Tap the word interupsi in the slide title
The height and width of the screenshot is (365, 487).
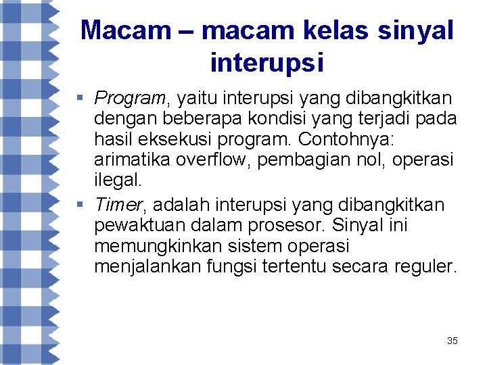click(267, 63)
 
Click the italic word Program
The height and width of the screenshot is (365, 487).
click(129, 98)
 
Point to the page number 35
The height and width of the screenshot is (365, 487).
click(452, 341)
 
